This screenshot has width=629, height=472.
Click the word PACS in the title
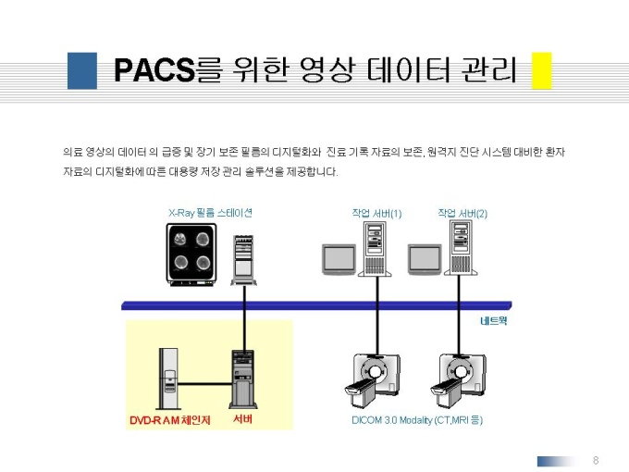click(154, 69)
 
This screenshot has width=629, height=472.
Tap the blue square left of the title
click(82, 70)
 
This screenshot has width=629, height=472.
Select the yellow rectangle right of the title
click(541, 70)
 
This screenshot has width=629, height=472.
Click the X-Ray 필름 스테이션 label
click(210, 213)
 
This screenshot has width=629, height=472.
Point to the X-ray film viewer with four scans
click(191, 255)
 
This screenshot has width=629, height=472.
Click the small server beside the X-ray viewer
click(243, 260)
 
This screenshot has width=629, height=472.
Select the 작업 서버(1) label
click(376, 213)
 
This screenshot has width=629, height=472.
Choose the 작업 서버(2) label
click(462, 213)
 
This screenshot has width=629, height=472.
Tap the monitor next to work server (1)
click(339, 259)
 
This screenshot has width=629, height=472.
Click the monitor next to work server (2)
click(425, 259)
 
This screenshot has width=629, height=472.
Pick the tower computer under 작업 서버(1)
click(375, 249)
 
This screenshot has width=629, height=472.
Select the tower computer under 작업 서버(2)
click(461, 249)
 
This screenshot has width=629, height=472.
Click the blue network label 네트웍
click(494, 321)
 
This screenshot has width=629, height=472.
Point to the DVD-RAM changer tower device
click(168, 379)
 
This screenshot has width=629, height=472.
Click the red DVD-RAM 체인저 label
click(170, 420)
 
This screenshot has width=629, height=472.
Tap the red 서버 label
click(243, 419)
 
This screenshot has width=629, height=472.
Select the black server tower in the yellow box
click(243, 379)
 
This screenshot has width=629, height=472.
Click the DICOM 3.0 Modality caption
click(417, 420)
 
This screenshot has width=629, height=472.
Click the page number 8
click(596, 460)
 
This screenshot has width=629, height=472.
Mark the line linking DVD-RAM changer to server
click(205, 384)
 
